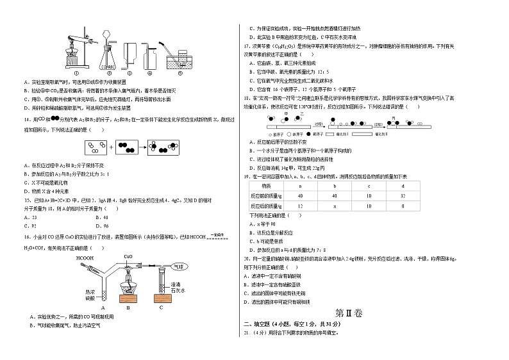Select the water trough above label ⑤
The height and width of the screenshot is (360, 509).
(x=179, y=62)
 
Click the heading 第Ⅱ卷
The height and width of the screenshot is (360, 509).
(x=349, y=313)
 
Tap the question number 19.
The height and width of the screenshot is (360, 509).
(x=245, y=175)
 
